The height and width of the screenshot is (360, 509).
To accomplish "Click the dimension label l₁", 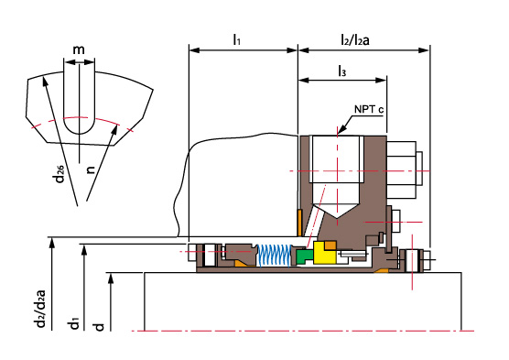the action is [236, 40].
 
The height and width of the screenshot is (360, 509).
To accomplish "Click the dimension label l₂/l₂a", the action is [355, 39].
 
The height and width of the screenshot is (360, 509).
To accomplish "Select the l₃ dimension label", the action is [342, 71].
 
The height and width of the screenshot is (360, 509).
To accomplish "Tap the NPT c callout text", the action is [369, 109].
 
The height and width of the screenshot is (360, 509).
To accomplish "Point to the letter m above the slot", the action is [79, 49].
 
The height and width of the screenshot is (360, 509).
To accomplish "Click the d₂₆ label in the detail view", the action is [60, 174].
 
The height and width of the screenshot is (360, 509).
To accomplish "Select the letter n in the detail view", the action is [91, 169].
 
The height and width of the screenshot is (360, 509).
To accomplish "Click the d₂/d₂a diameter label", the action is [40, 308].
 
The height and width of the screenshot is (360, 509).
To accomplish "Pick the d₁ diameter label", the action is [74, 324].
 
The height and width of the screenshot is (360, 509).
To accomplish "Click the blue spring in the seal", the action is [275, 256].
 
